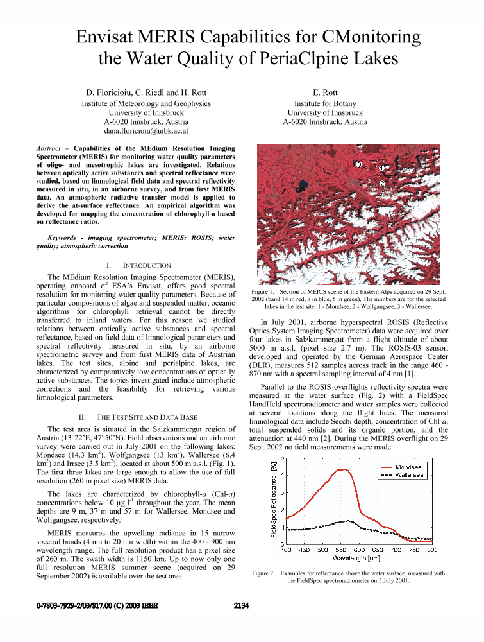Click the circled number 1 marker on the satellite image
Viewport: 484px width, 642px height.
pyautogui.click(x=381, y=168)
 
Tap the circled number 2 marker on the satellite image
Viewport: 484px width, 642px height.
pyautogui.click(x=381, y=183)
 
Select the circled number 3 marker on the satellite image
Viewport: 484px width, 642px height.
pyautogui.click(x=360, y=164)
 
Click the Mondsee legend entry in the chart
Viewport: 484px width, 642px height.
pyautogui.click(x=408, y=466)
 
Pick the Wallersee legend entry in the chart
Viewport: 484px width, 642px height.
pyautogui.click(x=408, y=475)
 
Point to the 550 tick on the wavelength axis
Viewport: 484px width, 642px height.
pyautogui.click(x=359, y=550)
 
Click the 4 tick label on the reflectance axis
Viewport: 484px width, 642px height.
pyautogui.click(x=280, y=475)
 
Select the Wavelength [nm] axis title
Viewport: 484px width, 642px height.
pyautogui.click(x=359, y=558)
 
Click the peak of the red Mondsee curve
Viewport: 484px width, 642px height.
pyautogui.click(x=344, y=469)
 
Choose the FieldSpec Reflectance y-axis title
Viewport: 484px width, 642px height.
pyautogui.click(x=272, y=501)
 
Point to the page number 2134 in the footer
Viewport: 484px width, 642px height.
pyautogui.click(x=242, y=605)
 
